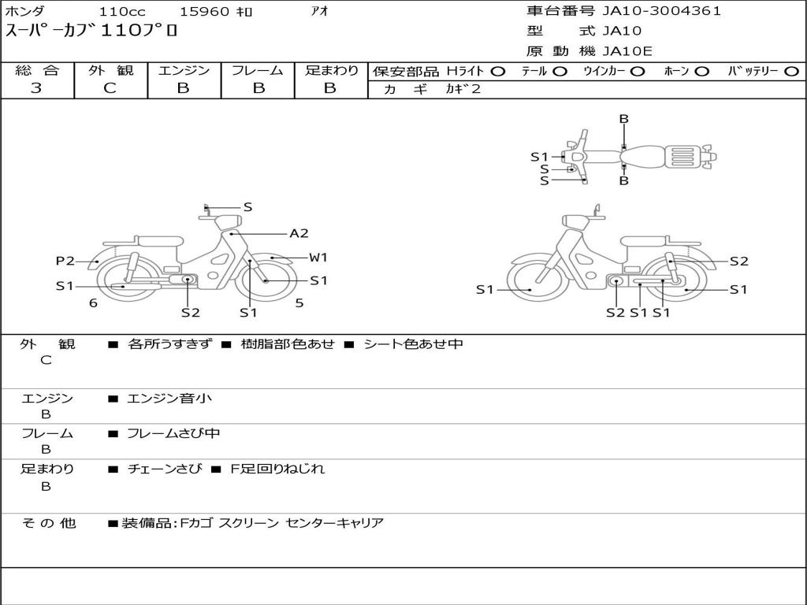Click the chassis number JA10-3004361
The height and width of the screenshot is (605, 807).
tap(661, 11)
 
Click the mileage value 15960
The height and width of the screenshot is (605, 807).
tap(204, 11)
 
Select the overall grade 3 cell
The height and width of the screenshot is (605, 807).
tap(36, 88)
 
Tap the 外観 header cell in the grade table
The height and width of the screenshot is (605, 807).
tap(110, 70)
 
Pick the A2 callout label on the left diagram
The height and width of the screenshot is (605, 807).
tap(299, 233)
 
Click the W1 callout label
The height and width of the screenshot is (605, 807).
tap(318, 258)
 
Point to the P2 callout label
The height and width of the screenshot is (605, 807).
tap(65, 261)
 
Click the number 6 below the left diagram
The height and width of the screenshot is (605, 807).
tap(93, 303)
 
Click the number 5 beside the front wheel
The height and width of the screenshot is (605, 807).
tap(299, 303)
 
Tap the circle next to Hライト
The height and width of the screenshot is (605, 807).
tap(498, 72)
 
